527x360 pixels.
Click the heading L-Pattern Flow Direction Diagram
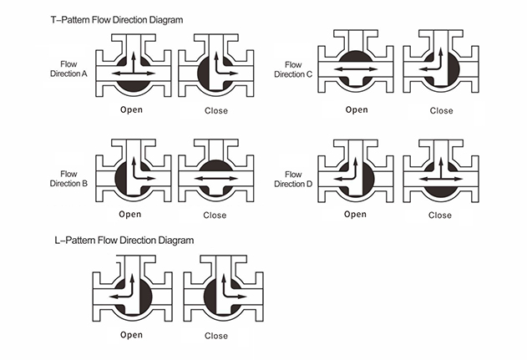pyautogui.click(x=122, y=241)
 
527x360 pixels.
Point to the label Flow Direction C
pyautogui.click(x=293, y=69)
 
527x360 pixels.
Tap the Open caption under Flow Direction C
pyautogui.click(x=357, y=109)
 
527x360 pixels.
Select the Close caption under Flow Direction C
pyautogui.click(x=441, y=110)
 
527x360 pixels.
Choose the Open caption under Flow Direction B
pyautogui.click(x=130, y=214)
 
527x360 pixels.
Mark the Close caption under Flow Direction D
pyautogui.click(x=440, y=215)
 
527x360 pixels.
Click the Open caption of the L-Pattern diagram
pyautogui.click(x=131, y=335)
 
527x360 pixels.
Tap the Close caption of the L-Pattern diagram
pyautogui.click(x=215, y=336)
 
